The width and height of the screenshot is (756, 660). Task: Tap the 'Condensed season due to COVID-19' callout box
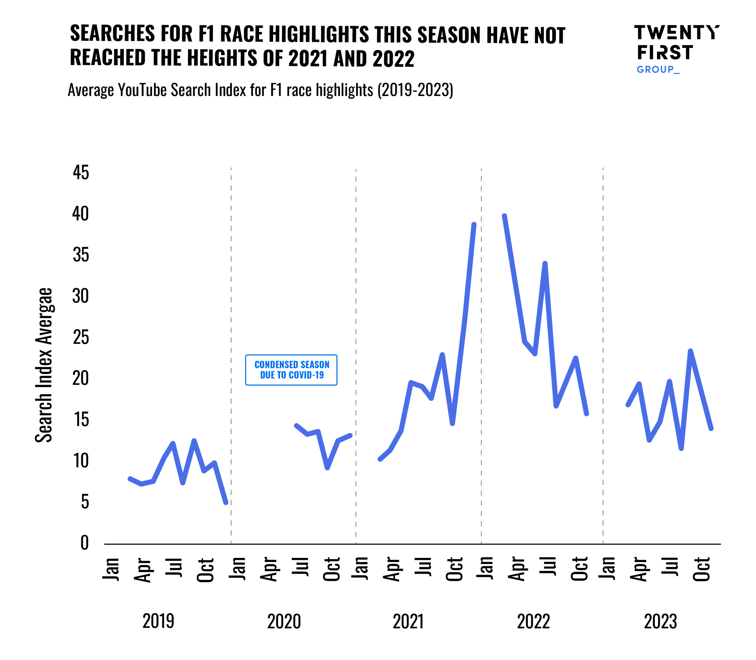click(x=291, y=370)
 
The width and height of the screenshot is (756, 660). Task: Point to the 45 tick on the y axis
click(x=81, y=172)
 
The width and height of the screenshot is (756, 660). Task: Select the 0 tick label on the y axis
click(x=85, y=543)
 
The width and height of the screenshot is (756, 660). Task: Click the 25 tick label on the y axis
click(x=81, y=337)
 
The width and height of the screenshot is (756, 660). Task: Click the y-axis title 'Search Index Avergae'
click(x=44, y=365)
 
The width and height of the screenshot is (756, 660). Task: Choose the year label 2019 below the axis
click(x=158, y=621)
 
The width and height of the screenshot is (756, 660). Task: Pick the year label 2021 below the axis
click(x=408, y=621)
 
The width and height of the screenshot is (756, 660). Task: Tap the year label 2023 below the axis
click(x=660, y=621)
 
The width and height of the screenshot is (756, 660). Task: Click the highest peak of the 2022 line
click(x=504, y=216)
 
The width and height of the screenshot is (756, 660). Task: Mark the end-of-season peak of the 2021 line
click(x=474, y=224)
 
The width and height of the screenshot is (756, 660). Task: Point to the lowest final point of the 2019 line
click(x=226, y=502)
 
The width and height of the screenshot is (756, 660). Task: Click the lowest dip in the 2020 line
click(x=327, y=468)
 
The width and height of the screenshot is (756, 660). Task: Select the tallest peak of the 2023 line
click(x=690, y=351)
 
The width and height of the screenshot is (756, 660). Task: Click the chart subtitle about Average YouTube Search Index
click(x=260, y=90)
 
